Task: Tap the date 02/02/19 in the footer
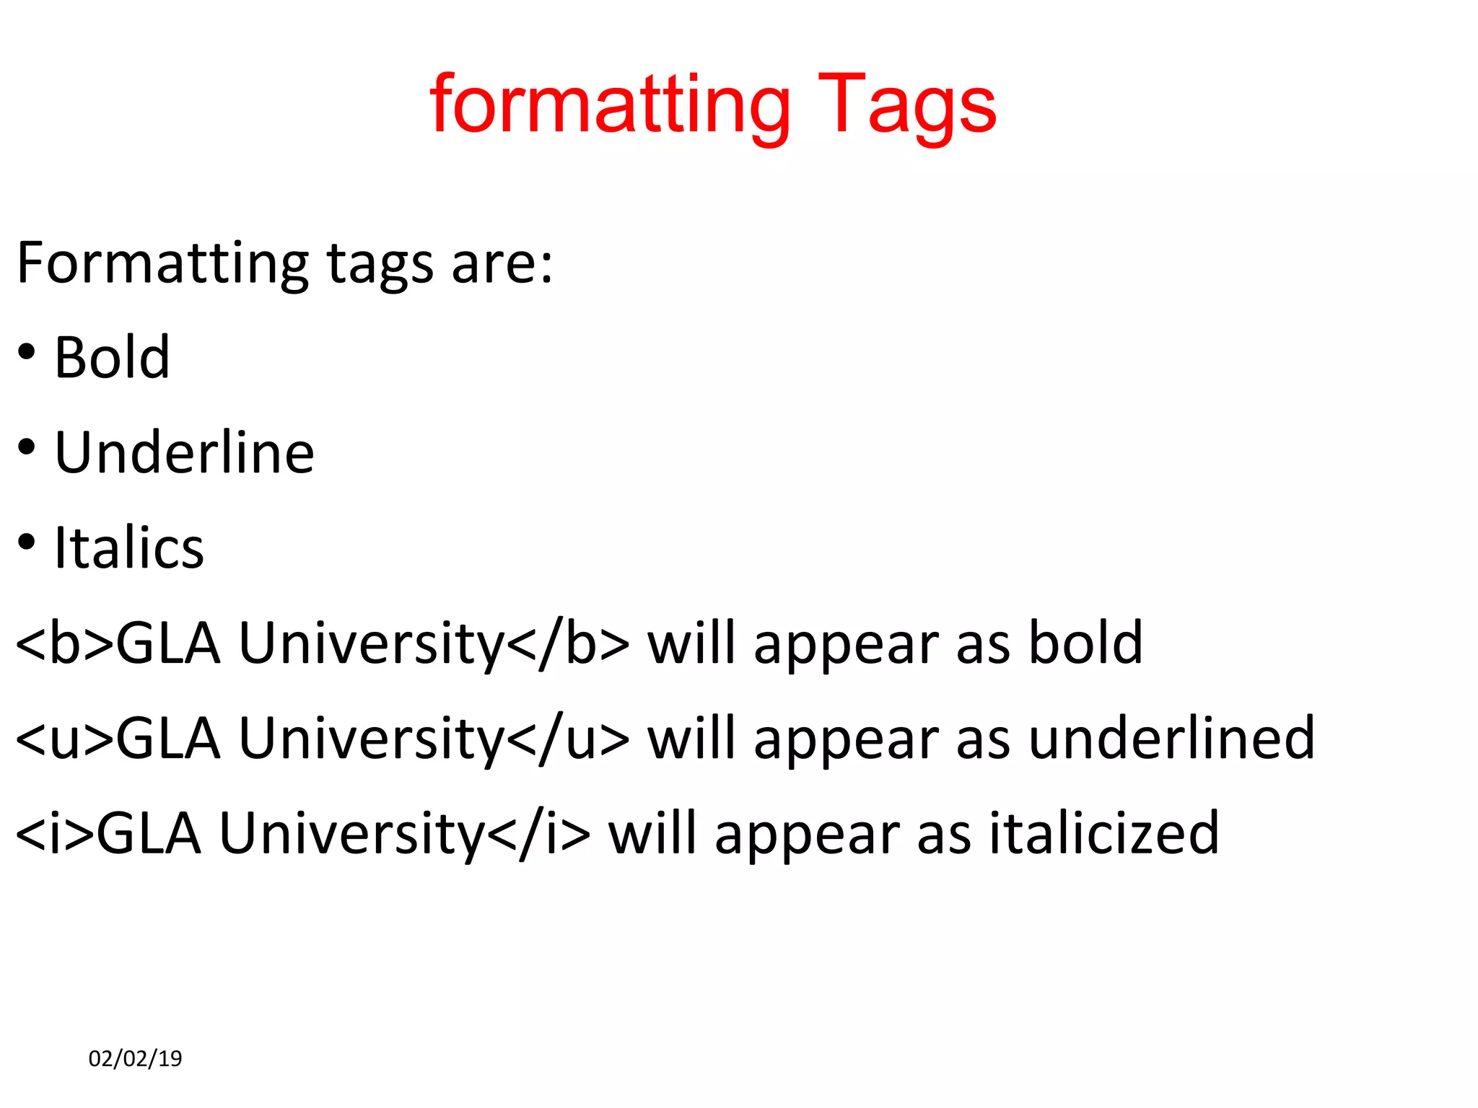135,1058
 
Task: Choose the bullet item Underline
184,452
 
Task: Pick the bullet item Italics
129,548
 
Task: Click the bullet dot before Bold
27,353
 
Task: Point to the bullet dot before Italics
27,542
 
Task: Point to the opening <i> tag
55,833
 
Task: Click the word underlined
1171,738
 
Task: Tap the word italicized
1103,833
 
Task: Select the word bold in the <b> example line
1085,643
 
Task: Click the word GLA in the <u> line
168,738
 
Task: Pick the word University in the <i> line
351,833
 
